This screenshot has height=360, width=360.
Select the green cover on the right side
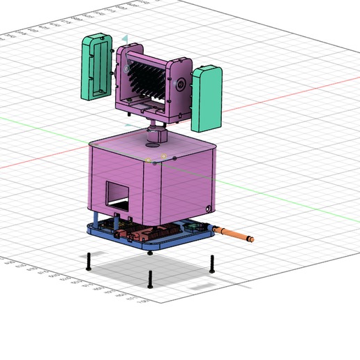click(x=206, y=99)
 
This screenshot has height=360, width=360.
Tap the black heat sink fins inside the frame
click(x=147, y=78)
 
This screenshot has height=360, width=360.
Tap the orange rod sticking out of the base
click(x=234, y=235)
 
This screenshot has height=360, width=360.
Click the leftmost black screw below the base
click(x=89, y=261)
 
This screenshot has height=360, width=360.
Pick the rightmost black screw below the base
click(x=211, y=263)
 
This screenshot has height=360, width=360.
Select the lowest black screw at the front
click(x=150, y=278)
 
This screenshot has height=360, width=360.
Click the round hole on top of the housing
click(x=152, y=145)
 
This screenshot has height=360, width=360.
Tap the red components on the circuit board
click(x=150, y=234)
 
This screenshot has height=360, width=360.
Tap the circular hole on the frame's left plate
click(x=126, y=69)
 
